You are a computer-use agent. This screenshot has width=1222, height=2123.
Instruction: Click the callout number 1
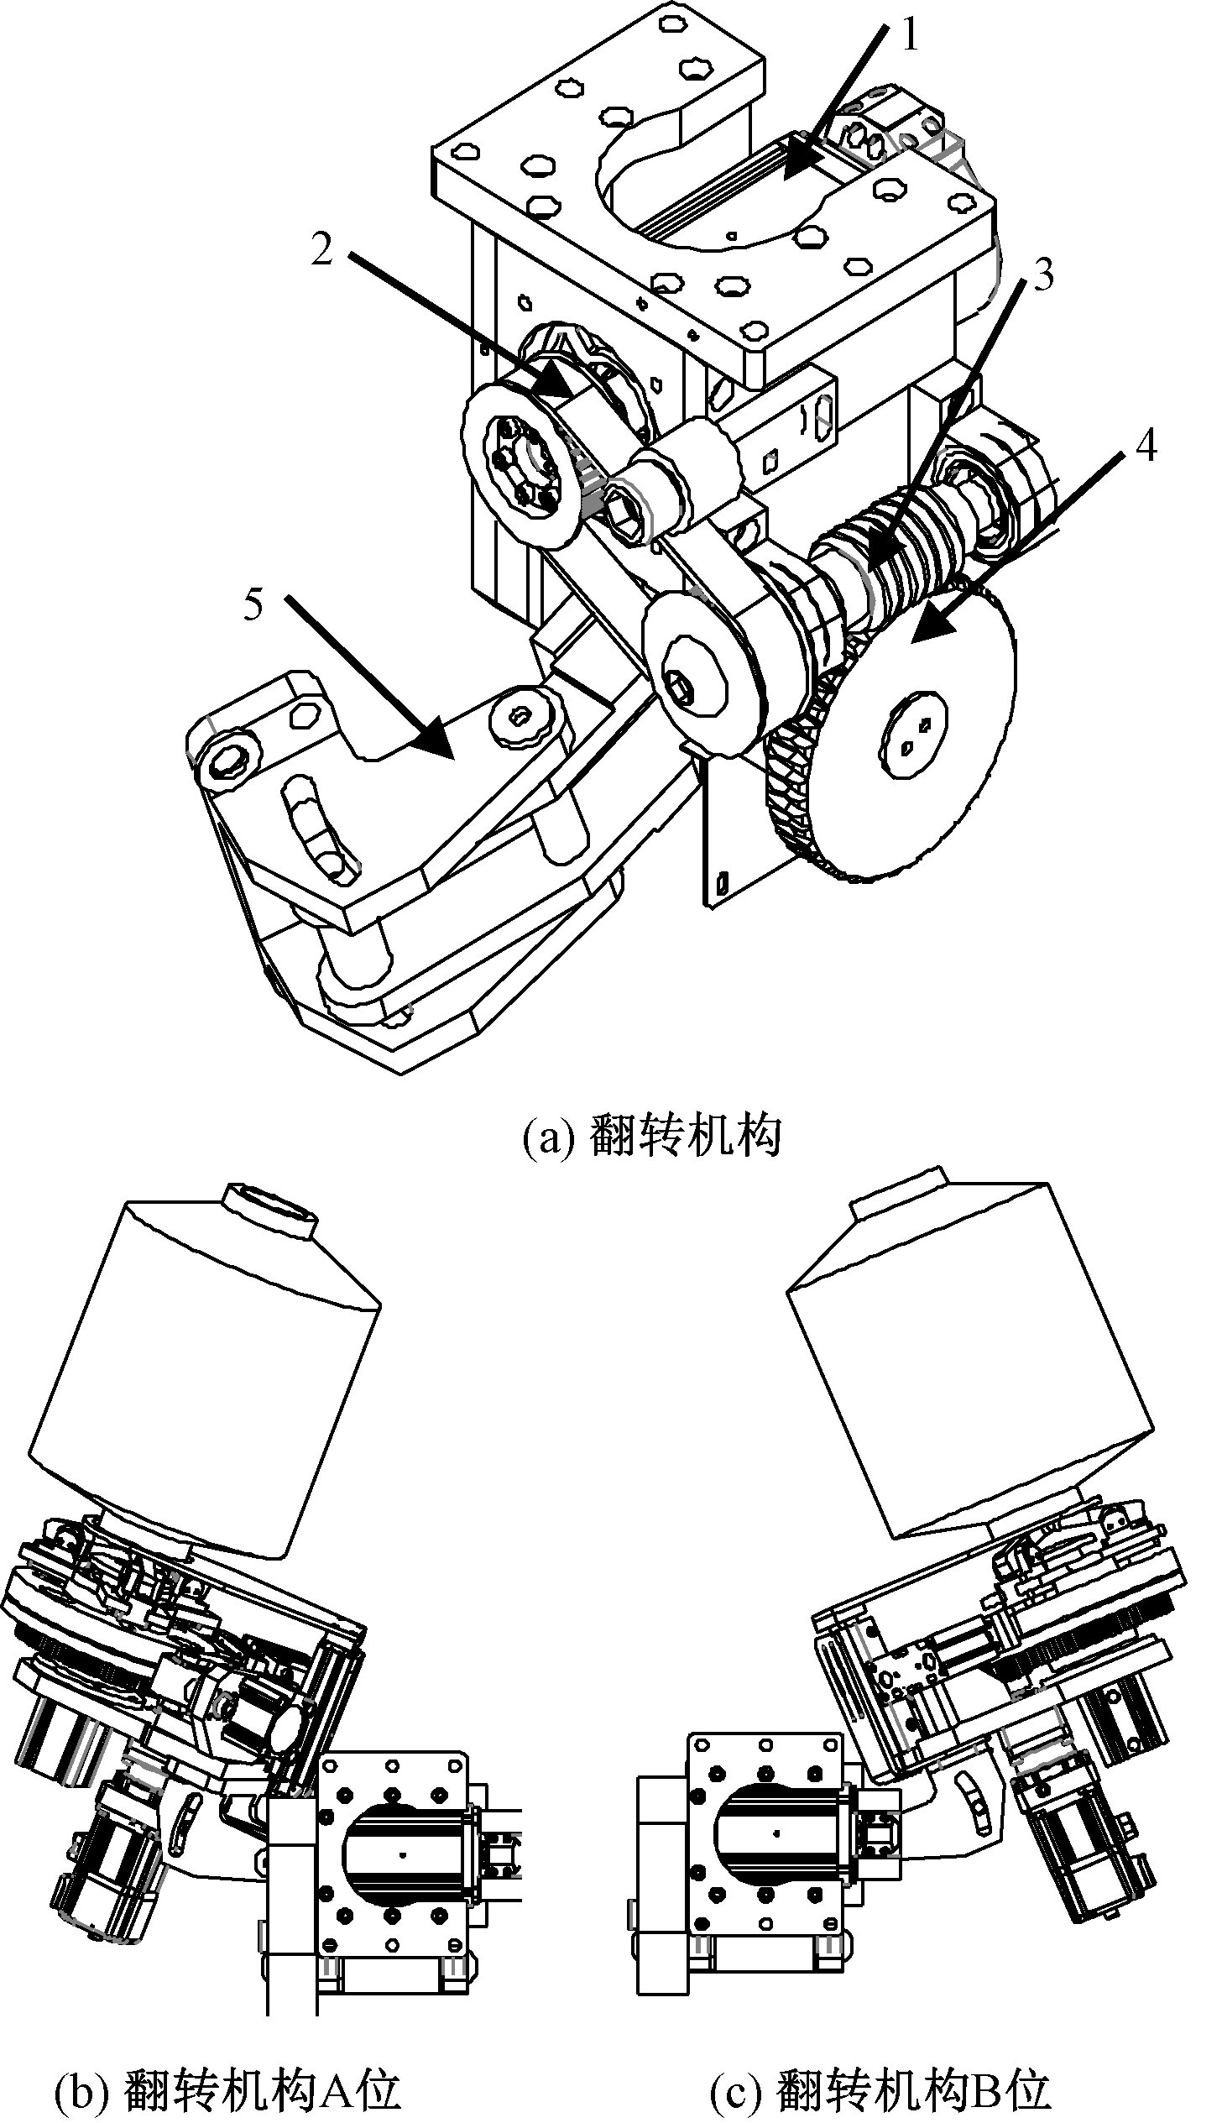click(x=911, y=36)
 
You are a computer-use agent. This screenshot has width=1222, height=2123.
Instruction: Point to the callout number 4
click(x=1146, y=446)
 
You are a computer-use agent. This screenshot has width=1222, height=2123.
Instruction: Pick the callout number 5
click(x=254, y=604)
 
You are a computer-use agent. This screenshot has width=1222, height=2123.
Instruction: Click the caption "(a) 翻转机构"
click(x=651, y=1137)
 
